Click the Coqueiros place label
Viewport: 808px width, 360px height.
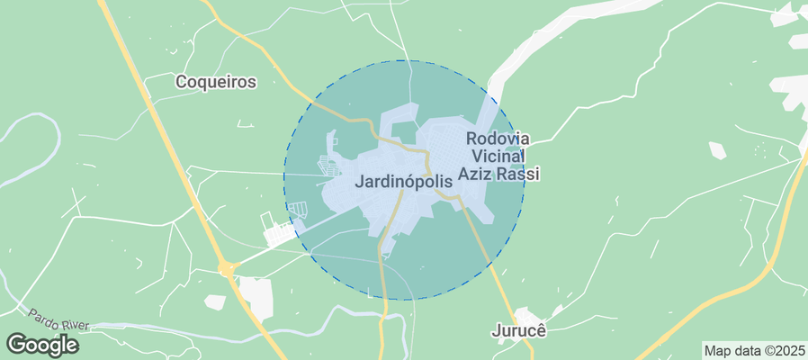[x=216, y=82]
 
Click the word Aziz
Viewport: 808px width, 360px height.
[x=477, y=175]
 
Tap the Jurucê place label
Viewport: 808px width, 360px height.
[x=518, y=330]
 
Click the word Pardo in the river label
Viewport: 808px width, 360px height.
[x=43, y=316]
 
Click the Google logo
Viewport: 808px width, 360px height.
[x=42, y=345]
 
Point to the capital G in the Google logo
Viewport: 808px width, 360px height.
[x=16, y=344]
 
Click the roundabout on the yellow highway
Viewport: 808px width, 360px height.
[x=226, y=268]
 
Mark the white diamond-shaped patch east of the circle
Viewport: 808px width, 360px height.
[x=717, y=150]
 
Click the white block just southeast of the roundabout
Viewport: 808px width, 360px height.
[x=256, y=298]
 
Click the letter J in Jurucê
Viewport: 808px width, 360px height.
[x=496, y=330]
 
